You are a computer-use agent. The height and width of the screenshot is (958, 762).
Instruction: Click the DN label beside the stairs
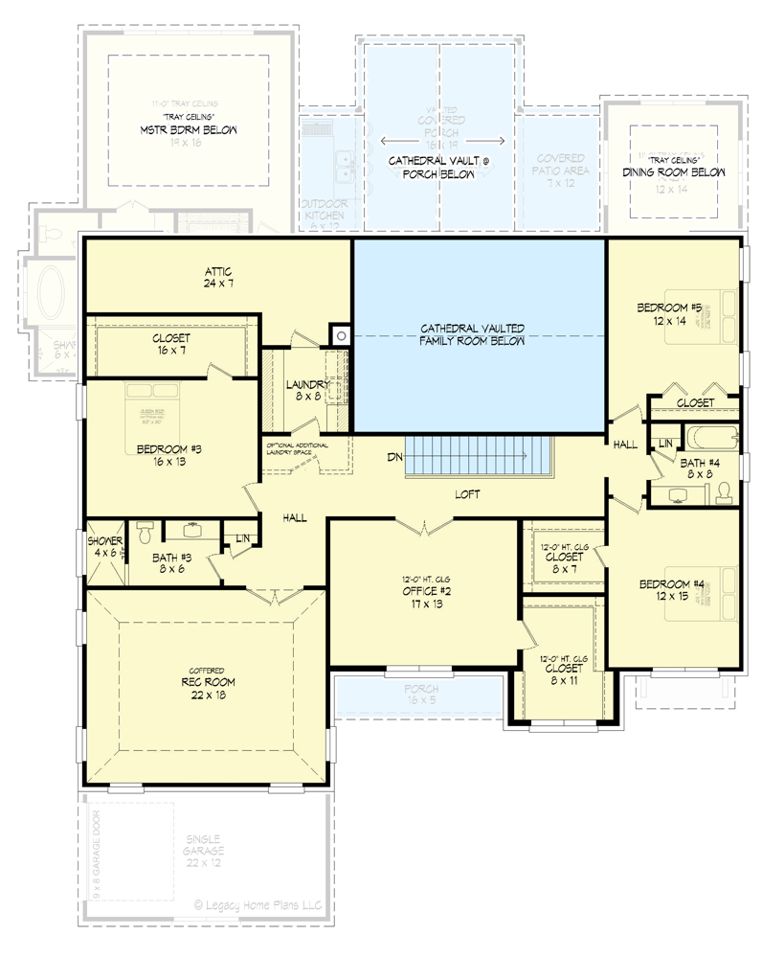pos(394,458)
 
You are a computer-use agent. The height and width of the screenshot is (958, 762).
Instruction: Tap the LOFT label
pos(467,494)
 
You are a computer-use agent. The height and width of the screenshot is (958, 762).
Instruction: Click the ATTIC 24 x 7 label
pos(217,278)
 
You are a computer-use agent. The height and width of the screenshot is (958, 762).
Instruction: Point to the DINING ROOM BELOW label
pos(674,172)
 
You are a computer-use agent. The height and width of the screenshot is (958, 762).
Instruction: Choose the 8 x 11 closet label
pos(561,665)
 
